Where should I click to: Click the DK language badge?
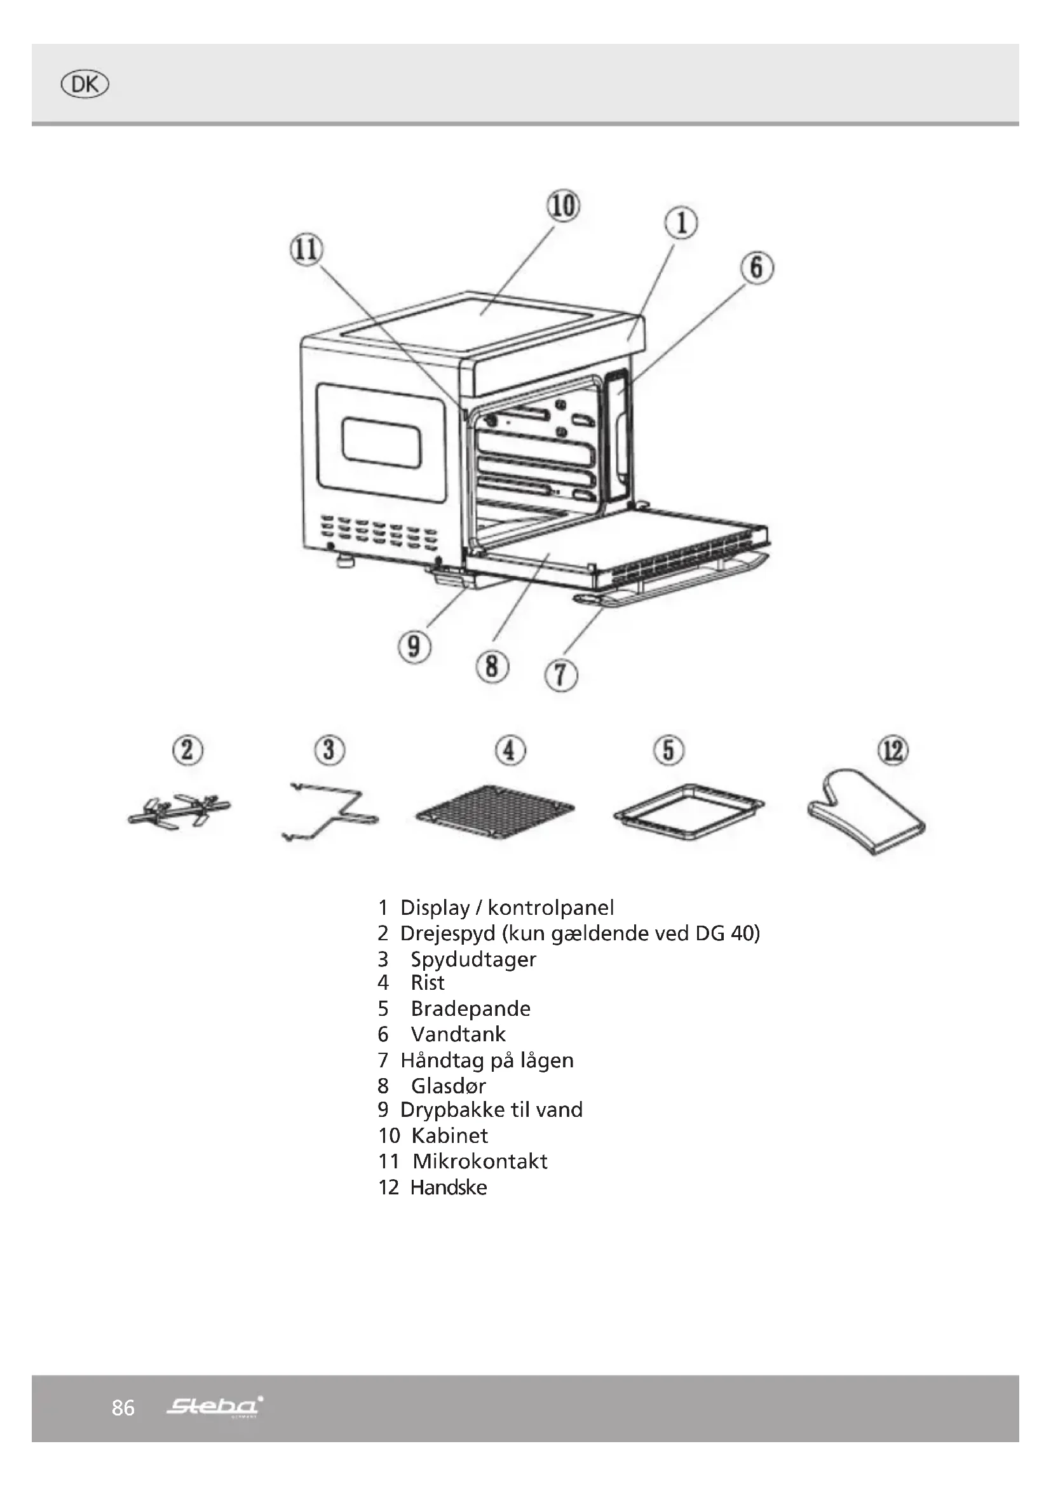click(x=84, y=85)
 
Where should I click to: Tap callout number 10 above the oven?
click(x=563, y=206)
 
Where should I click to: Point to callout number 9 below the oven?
click(x=414, y=646)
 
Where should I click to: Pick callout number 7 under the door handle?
click(x=561, y=677)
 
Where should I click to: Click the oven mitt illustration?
click(x=867, y=813)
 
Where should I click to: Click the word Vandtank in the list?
click(x=458, y=1034)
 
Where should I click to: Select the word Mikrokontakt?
click(x=480, y=1161)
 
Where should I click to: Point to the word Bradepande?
click(x=470, y=1008)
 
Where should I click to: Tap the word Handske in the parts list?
click(x=449, y=1187)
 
